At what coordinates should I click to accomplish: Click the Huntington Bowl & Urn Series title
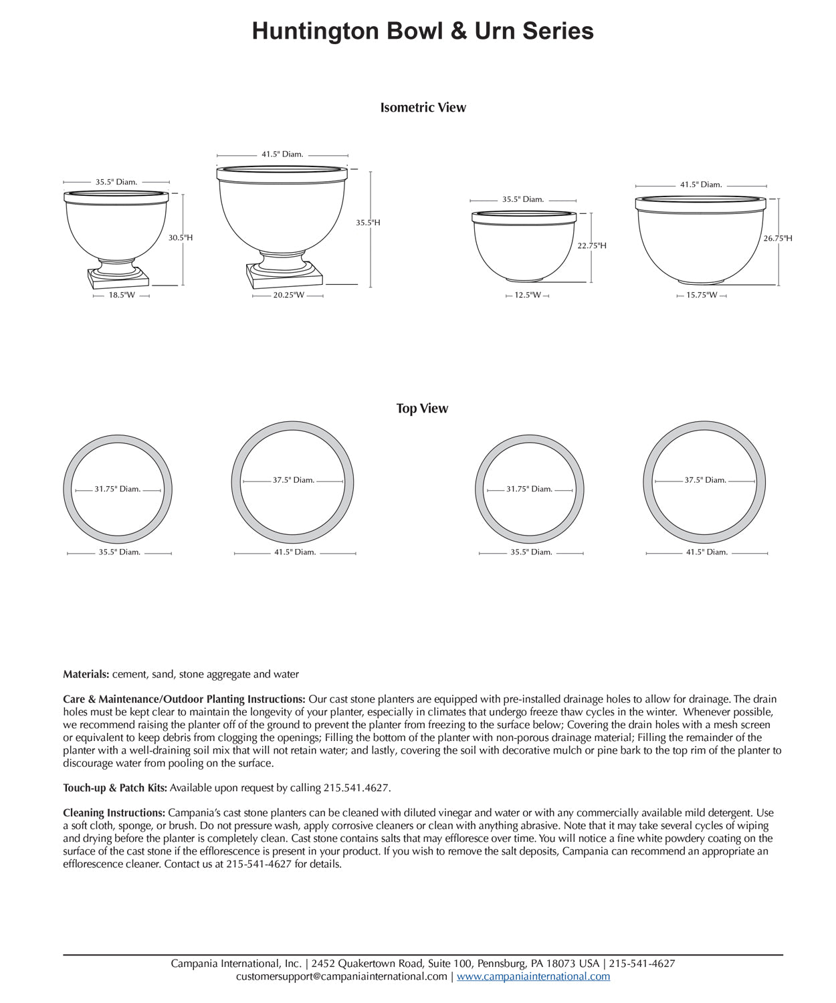pyautogui.click(x=423, y=31)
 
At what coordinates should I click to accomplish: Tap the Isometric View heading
pyautogui.click(x=423, y=108)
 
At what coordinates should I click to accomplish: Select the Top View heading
pyautogui.click(x=422, y=409)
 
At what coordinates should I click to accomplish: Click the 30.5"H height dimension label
pyautogui.click(x=181, y=237)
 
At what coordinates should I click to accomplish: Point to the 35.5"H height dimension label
pyautogui.click(x=368, y=223)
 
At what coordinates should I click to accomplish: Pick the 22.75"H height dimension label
pyautogui.click(x=592, y=245)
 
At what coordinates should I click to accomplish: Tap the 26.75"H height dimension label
pyautogui.click(x=778, y=238)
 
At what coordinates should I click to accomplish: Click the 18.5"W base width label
pyautogui.click(x=122, y=295)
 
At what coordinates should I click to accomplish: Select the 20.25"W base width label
pyautogui.click(x=288, y=295)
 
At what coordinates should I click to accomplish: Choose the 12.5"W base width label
pyautogui.click(x=528, y=295)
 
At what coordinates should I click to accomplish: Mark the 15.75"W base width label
pyautogui.click(x=701, y=295)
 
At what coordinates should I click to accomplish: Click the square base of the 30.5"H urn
pyautogui.click(x=117, y=280)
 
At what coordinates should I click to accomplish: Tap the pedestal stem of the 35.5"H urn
pyautogui.click(x=284, y=261)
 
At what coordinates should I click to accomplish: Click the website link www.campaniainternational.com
pyautogui.click(x=533, y=976)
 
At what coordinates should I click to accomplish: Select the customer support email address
pyautogui.click(x=342, y=976)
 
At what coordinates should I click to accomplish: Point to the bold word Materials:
pyautogui.click(x=86, y=674)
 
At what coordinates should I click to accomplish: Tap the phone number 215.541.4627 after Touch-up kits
pyautogui.click(x=356, y=788)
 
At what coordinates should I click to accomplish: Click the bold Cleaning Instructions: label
pyautogui.click(x=114, y=813)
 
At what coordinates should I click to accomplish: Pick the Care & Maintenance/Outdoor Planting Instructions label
pyautogui.click(x=185, y=699)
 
